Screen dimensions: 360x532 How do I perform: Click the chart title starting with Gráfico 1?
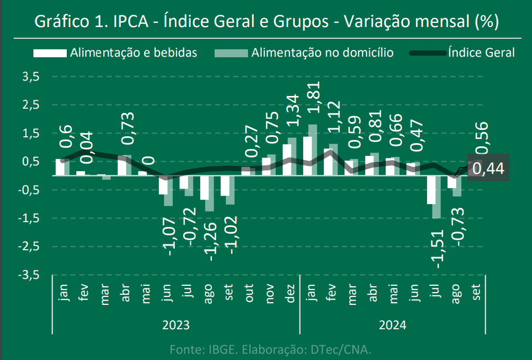point(266,22)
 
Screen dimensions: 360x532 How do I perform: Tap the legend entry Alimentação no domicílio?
point(322,52)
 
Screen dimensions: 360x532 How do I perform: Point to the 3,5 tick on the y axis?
point(31,76)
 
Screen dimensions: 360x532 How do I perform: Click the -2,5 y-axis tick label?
point(30,247)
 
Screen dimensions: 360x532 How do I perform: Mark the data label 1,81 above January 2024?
point(313,98)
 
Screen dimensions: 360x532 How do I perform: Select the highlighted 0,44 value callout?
point(488,169)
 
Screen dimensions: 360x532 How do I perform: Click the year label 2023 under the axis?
point(176,324)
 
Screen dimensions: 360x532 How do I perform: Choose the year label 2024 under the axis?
point(393,324)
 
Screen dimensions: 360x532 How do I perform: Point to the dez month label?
point(290,292)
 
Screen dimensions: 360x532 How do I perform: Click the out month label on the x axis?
point(249,292)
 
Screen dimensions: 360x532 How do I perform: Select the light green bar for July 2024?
point(437,196)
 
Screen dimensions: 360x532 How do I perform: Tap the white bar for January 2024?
point(307,155)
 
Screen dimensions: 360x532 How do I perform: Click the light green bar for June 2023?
point(168,190)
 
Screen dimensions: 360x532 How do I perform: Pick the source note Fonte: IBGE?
point(270,349)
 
